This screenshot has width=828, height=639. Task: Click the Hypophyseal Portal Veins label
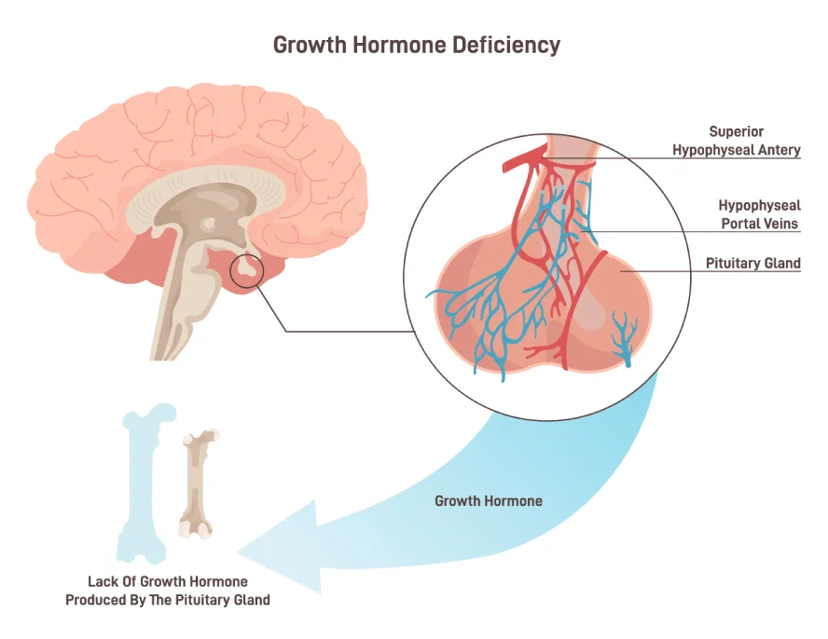pos(758,214)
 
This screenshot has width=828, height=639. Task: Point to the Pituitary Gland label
pos(752,264)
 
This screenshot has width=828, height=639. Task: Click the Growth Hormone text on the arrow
pos(488,501)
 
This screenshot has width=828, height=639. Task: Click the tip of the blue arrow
pos(244,547)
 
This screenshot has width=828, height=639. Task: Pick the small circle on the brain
pos(246,270)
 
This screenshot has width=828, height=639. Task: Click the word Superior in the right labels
pos(736,131)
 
